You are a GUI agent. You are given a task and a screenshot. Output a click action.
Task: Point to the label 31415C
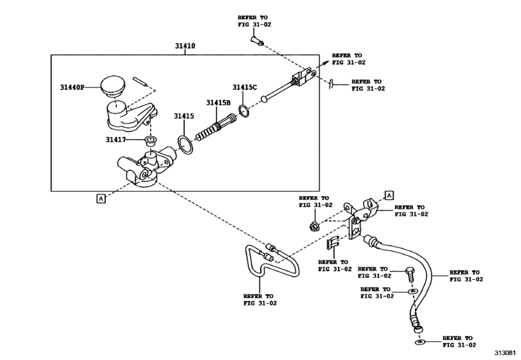(245, 87)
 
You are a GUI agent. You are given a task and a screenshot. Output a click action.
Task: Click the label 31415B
(218, 102)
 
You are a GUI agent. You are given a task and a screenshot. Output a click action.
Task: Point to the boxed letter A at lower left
(100, 198)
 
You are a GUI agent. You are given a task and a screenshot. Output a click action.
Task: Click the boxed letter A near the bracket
(388, 194)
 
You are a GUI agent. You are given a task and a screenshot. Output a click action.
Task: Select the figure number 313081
(506, 353)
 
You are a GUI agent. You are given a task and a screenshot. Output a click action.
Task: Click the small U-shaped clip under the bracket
(333, 243)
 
